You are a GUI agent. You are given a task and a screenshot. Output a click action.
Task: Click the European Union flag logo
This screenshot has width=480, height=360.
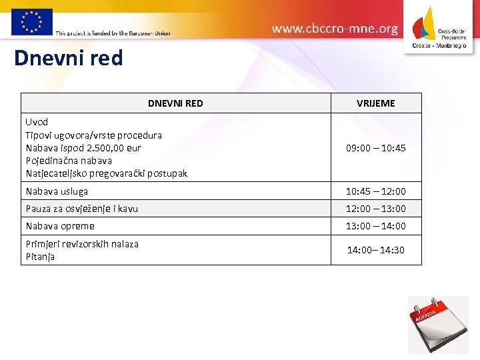point(31,21)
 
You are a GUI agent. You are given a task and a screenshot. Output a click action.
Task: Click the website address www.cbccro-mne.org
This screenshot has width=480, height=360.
point(335,29)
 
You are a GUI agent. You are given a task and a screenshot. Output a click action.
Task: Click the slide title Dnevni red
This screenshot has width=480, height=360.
point(69,59)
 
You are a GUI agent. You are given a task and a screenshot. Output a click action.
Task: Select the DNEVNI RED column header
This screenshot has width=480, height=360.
point(175,103)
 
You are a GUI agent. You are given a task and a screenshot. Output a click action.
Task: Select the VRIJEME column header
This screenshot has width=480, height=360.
point(375,103)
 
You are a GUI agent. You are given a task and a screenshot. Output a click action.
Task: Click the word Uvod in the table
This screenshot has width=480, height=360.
point(37,122)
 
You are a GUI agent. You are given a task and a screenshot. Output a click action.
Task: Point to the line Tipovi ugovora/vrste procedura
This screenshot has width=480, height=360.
point(93,135)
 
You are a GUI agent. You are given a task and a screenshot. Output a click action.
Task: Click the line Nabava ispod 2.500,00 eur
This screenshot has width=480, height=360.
point(83,147)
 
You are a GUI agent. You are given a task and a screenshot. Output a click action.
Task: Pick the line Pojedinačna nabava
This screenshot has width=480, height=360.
point(69,161)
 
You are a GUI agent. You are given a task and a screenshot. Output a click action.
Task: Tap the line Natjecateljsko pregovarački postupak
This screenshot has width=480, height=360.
point(106,173)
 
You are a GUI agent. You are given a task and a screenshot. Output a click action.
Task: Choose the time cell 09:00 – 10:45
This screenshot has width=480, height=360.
point(375,148)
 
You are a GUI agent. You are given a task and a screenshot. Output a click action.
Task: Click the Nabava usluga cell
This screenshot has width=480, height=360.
point(57,191)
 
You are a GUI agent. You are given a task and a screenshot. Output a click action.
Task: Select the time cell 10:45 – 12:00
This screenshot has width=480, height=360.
point(375,191)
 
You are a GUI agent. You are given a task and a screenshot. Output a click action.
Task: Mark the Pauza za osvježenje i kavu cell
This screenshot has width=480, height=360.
point(81,209)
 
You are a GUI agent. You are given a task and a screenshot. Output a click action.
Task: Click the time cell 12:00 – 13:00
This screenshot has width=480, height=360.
point(375,209)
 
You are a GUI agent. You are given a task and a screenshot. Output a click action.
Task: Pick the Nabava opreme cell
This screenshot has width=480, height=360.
point(60,226)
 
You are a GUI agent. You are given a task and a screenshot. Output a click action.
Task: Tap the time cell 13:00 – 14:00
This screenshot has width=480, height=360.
point(375,226)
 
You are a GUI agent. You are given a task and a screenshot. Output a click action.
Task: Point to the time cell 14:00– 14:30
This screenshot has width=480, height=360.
point(375,250)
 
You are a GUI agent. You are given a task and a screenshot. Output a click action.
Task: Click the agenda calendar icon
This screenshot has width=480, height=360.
point(437,325)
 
